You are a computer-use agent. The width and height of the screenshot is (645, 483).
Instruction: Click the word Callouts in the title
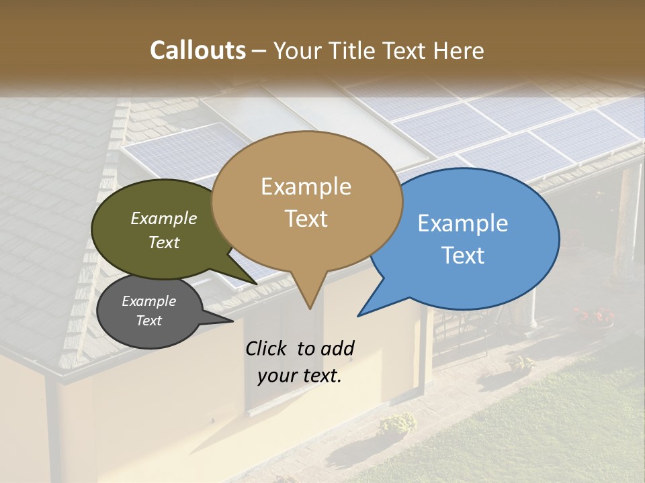tap(198, 50)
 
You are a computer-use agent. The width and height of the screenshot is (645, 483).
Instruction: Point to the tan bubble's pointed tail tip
tap(310, 308)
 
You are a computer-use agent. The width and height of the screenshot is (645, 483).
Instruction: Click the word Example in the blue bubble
tap(463, 223)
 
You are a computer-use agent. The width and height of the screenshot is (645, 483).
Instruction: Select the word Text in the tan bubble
tap(306, 219)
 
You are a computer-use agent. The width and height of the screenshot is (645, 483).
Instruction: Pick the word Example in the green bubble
tap(164, 218)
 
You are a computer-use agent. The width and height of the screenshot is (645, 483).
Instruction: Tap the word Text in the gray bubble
tap(149, 321)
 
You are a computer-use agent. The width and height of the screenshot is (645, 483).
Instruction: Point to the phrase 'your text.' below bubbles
tap(300, 376)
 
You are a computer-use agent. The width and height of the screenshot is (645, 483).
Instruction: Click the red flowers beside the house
tap(594, 314)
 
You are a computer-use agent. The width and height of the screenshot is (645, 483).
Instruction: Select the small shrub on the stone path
tap(397, 423)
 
